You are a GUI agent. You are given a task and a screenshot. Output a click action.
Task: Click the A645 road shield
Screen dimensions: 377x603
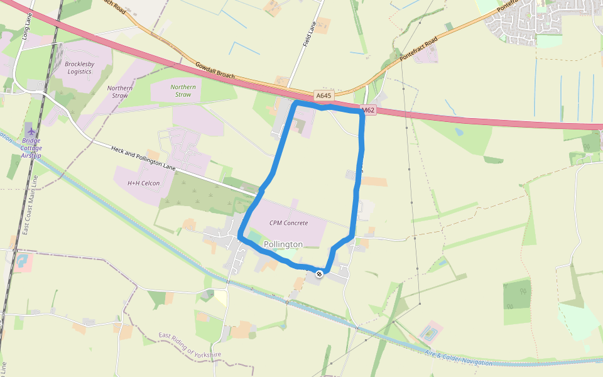323,96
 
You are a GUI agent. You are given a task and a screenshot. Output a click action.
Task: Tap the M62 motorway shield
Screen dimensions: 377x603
369,111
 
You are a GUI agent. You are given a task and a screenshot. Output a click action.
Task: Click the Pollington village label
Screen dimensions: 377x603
283,244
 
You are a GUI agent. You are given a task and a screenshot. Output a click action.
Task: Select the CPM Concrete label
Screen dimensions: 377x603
288,223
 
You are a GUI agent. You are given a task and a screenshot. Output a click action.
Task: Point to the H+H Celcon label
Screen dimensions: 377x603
143,183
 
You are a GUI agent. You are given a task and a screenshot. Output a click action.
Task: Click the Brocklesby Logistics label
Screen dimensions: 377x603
79,68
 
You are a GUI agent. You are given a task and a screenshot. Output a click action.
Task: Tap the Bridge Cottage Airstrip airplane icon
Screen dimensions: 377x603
31,131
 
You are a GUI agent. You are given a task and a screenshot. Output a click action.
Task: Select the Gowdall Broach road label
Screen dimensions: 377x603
214,70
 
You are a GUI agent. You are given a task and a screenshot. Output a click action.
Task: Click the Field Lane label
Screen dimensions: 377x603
308,35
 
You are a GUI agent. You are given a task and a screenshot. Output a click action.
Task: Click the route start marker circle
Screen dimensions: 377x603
320,273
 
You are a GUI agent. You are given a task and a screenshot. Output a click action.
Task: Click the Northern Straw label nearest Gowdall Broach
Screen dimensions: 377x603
183,90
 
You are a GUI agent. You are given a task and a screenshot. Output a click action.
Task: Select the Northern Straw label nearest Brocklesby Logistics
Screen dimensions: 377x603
119,92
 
